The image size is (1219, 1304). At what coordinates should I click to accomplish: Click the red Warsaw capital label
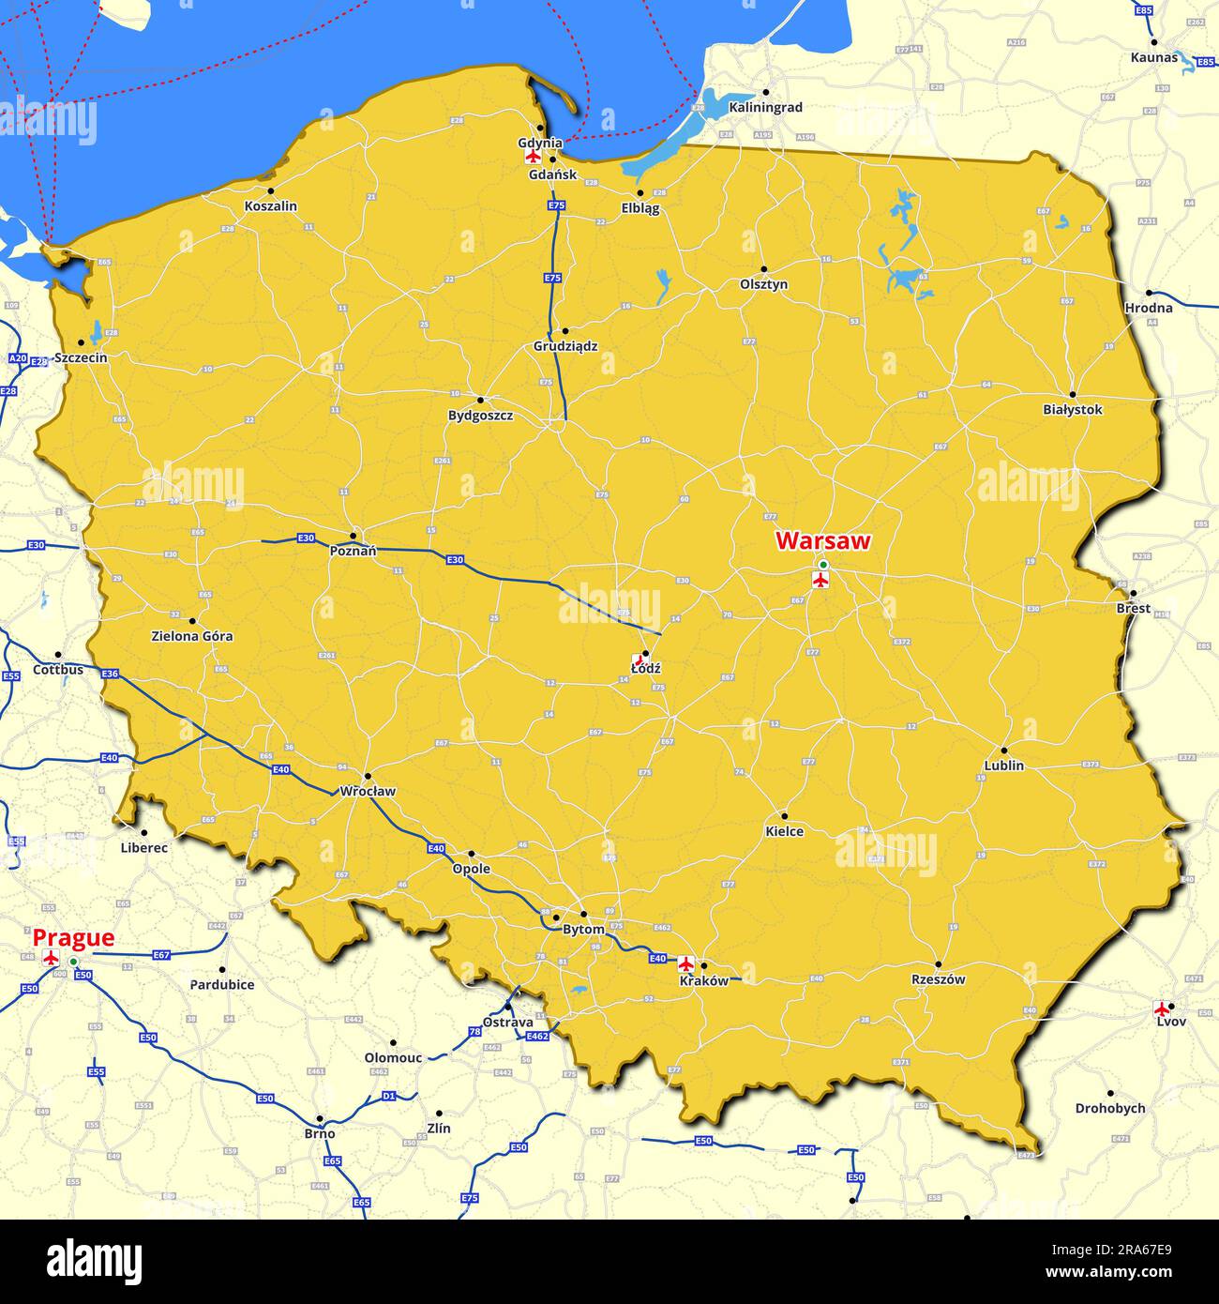823,541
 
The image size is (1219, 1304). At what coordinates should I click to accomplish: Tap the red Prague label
73,937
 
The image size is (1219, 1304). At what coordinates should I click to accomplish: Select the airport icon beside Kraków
685,963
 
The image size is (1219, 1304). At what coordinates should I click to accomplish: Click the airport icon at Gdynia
533,157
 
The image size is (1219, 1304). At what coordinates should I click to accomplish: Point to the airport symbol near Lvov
1163,1008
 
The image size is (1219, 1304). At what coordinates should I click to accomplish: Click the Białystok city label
1073,410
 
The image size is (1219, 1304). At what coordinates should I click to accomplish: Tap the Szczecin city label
81,357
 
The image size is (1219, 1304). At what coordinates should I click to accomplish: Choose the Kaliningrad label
765,107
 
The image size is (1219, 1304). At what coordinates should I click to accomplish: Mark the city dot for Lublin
1003,751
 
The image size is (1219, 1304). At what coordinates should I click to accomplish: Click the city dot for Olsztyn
763,269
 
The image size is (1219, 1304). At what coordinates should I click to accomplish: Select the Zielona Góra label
192,636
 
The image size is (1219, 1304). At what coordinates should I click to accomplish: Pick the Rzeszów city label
938,979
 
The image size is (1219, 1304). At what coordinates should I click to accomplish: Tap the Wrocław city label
368,791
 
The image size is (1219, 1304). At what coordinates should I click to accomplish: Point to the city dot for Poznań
354,537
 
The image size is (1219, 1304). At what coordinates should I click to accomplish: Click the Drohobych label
1109,1108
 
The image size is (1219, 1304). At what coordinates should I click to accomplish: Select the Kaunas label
1153,57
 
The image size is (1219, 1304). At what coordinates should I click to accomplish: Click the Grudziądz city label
565,346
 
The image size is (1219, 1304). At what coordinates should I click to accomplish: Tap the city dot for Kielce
784,816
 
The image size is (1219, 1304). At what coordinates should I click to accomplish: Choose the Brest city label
1133,608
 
